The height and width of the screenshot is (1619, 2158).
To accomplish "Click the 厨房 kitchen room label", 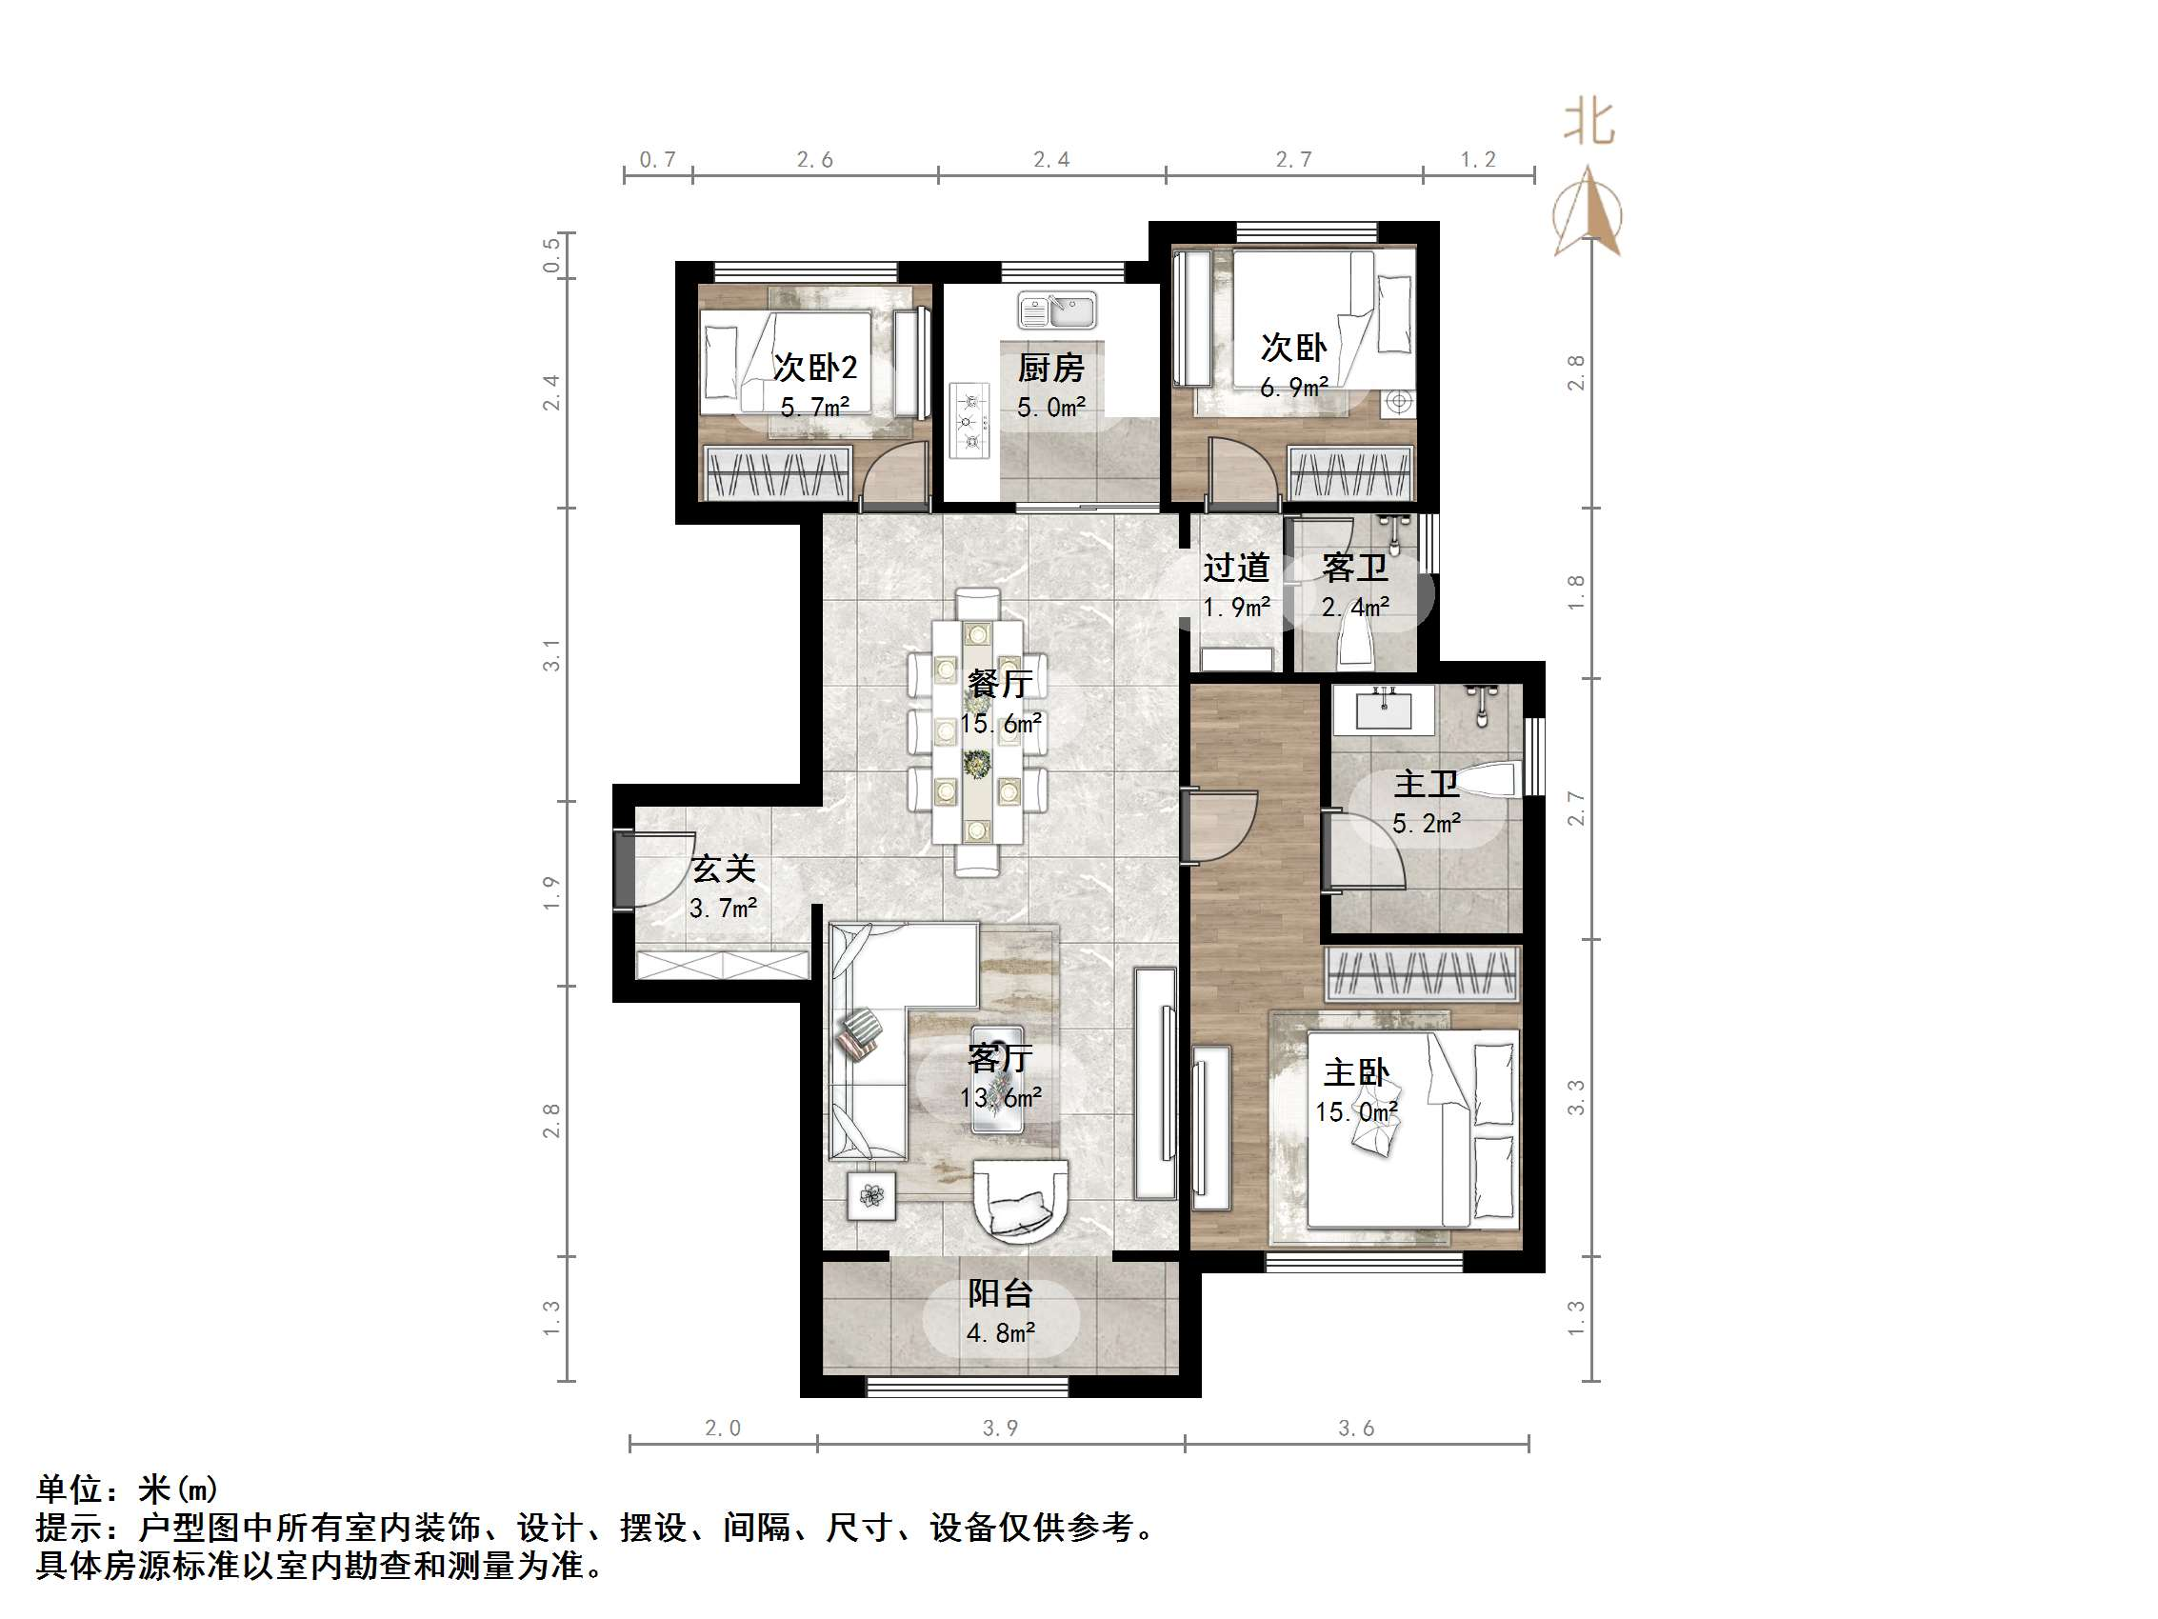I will click(1049, 368).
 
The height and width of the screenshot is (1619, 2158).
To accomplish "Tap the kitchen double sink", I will click(1056, 311).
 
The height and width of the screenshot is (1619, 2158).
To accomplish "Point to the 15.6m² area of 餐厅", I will click(1000, 724).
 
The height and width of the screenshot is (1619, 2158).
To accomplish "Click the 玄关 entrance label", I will click(723, 869).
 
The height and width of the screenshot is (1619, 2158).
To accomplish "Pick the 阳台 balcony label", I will click(1000, 1294).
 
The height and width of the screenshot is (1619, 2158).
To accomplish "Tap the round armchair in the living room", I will click(1021, 1201).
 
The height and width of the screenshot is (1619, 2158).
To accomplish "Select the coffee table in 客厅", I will click(997, 1079).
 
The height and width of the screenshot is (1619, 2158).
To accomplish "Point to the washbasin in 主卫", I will click(1383, 710).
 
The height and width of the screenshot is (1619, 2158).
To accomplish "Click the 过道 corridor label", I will click(1235, 567).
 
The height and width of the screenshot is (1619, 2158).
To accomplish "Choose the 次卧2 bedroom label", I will click(814, 368).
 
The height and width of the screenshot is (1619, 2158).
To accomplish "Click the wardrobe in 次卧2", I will click(777, 473).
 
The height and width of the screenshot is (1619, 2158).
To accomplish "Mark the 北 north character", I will click(1589, 124).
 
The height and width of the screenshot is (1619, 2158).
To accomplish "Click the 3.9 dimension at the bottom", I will click(1000, 1429).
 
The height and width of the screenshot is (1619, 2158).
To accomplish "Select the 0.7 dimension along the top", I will click(657, 159).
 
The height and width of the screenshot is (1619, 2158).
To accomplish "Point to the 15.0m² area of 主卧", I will click(1355, 1111).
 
